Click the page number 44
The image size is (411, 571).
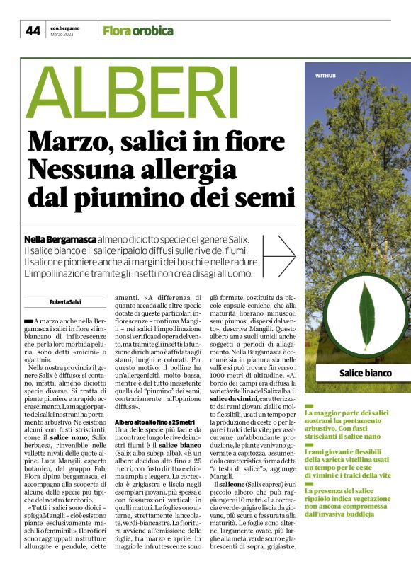pos(33,30)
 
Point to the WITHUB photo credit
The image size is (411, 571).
pos(325,74)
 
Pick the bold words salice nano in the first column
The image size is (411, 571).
pos(70,438)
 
